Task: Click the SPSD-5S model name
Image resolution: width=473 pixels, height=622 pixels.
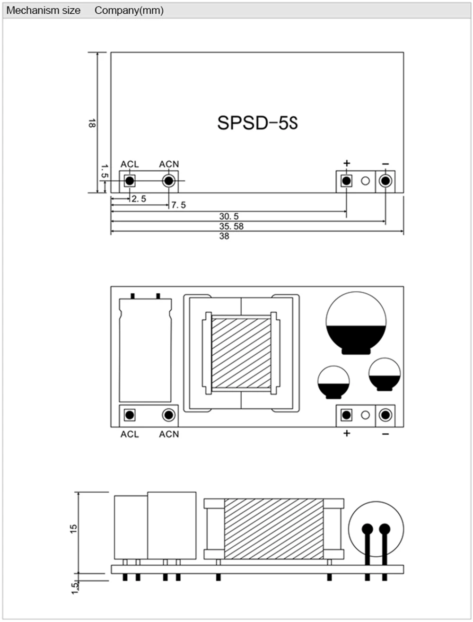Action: [x=257, y=123]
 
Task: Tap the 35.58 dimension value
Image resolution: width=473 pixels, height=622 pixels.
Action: [x=231, y=226]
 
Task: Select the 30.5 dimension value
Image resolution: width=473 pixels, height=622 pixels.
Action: [x=229, y=216]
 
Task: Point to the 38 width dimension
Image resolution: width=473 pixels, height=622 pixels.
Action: [x=224, y=236]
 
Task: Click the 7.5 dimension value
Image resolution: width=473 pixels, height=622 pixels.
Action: [x=178, y=205]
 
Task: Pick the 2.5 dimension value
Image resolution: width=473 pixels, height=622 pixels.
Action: [x=139, y=199]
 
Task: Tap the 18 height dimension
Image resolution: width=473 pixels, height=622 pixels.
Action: [x=92, y=123]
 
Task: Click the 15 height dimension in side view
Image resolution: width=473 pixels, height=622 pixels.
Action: [x=73, y=528]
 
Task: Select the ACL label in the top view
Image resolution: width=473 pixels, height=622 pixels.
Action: [x=130, y=164]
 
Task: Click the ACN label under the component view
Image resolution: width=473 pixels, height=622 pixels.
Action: [x=169, y=434]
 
